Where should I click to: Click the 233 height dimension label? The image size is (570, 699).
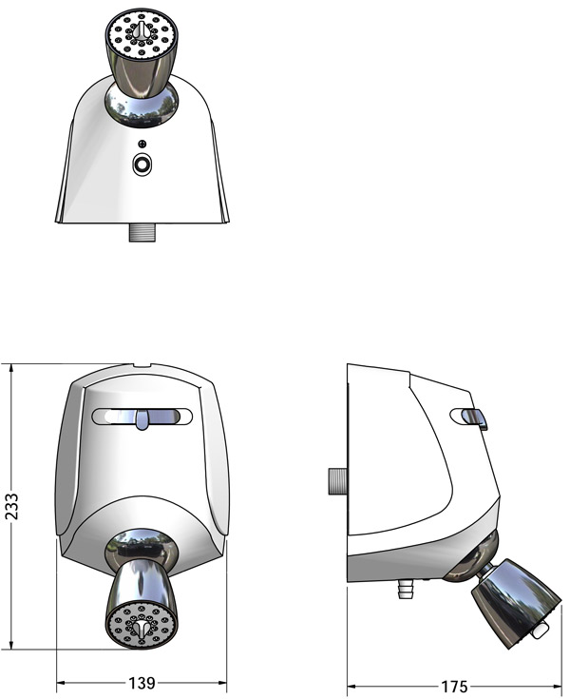pyautogui.click(x=11, y=506)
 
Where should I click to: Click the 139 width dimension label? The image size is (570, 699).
pyautogui.click(x=142, y=683)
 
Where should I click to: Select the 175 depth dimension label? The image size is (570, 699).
pyautogui.click(x=454, y=686)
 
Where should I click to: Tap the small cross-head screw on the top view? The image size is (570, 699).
pyautogui.click(x=142, y=144)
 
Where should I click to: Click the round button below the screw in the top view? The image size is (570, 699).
pyautogui.click(x=142, y=165)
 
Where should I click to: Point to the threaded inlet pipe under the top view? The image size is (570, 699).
pyautogui.click(x=142, y=232)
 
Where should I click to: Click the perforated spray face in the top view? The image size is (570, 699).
pyautogui.click(x=142, y=33)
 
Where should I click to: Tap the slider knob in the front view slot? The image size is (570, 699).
pyautogui.click(x=142, y=419)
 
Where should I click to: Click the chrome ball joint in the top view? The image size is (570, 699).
pyautogui.click(x=142, y=107)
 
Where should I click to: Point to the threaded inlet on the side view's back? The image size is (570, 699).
pyautogui.click(x=338, y=481)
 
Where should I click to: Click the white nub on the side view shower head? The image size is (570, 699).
pyautogui.click(x=541, y=630)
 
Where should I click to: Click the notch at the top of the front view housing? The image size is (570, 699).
pyautogui.click(x=142, y=366)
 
